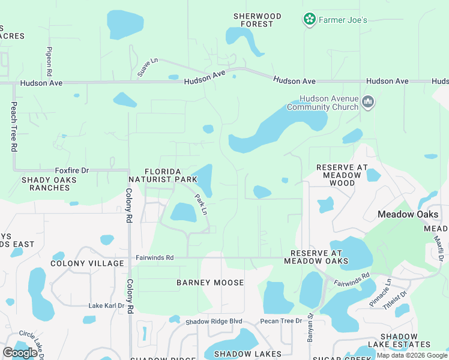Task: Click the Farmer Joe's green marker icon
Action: point(309,20)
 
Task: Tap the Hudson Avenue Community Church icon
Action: point(369,103)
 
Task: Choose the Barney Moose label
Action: point(210,283)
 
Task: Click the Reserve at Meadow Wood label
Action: point(339,175)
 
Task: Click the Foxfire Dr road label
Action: point(71,170)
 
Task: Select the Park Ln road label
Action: point(200,205)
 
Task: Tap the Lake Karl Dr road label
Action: point(106,305)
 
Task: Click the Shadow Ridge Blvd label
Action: point(213,322)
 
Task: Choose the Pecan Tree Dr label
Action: point(281,322)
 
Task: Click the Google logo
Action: point(20,353)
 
